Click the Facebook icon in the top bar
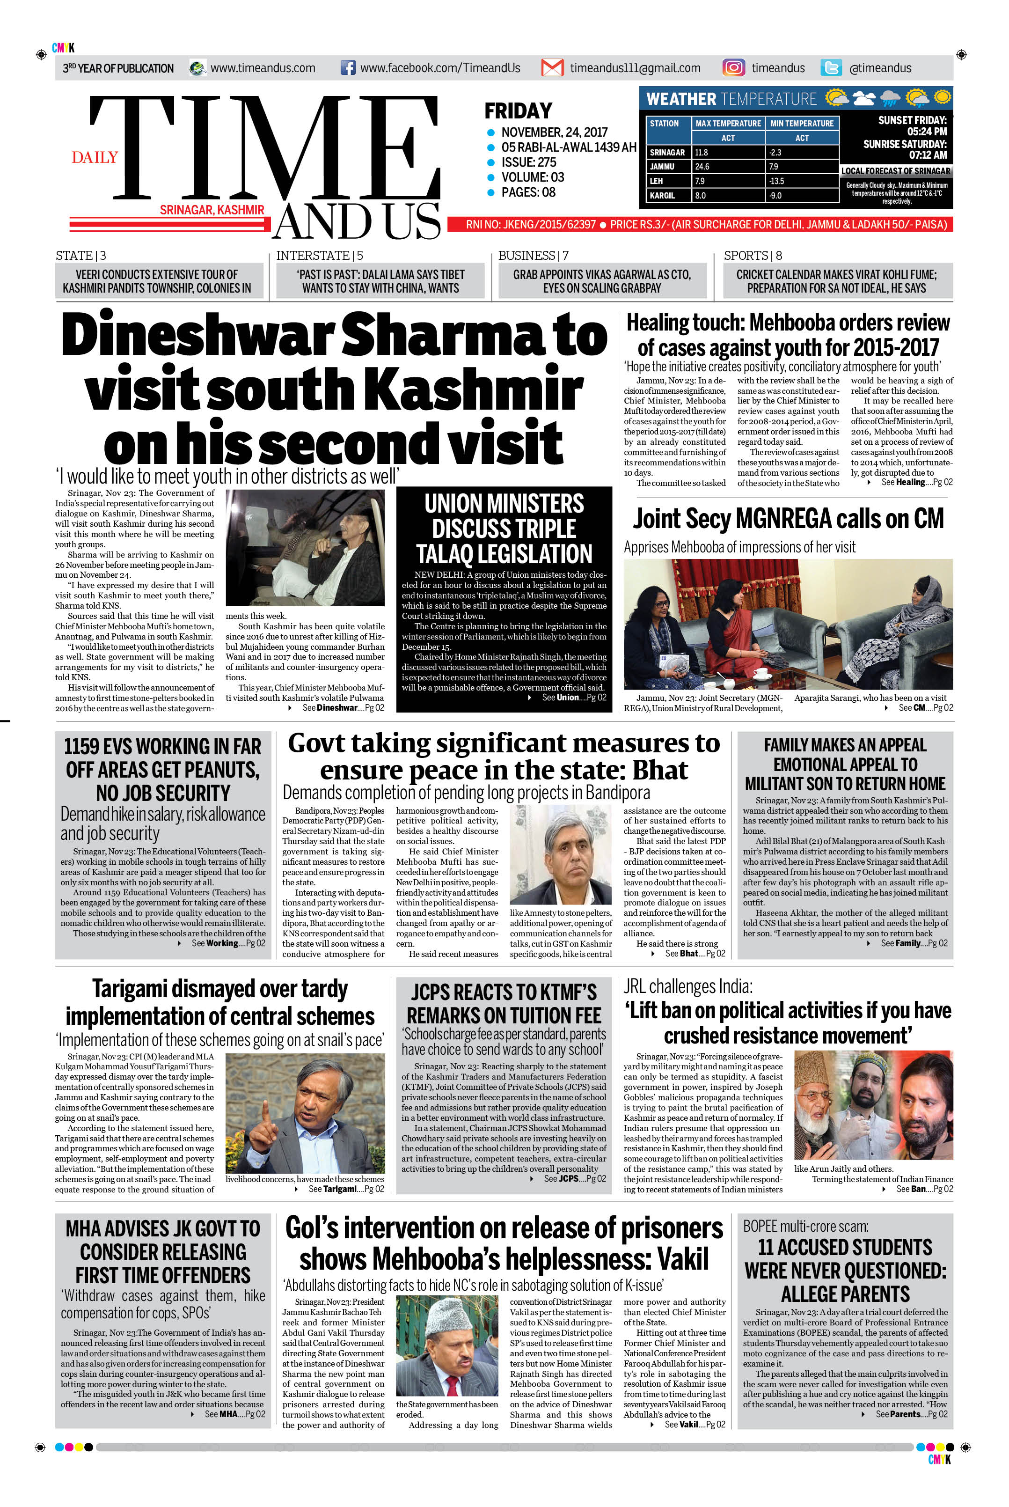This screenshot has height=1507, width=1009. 347,67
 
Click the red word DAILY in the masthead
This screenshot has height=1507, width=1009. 95,158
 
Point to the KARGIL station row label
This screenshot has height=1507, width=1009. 662,196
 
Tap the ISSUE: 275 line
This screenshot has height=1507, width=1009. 528,162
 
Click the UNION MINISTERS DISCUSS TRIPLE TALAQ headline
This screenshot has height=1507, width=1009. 504,529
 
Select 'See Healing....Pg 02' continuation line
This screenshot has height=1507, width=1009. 916,482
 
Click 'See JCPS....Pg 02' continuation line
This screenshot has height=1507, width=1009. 574,1179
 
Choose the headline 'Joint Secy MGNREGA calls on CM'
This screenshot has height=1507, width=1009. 788,519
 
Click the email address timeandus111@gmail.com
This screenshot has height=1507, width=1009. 635,67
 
